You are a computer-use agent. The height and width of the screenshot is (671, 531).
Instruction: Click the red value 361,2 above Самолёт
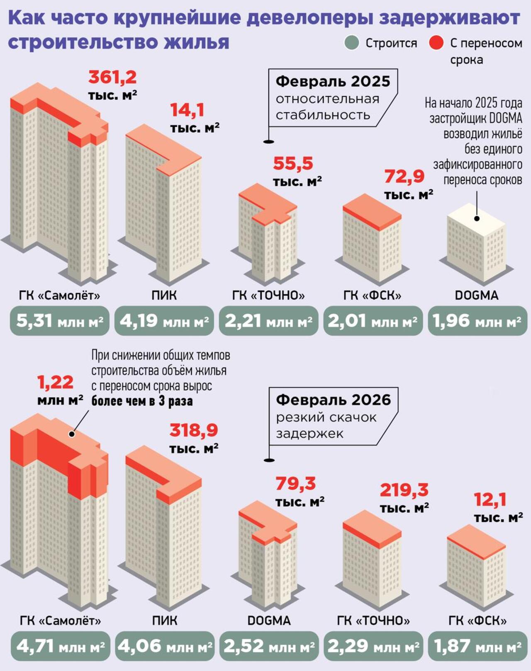coord(112,77)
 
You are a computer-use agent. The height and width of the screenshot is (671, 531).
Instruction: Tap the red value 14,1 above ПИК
coord(187,110)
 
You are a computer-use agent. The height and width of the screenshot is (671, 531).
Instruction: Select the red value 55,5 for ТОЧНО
coord(293,164)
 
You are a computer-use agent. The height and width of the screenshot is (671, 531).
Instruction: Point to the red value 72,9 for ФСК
coord(404,177)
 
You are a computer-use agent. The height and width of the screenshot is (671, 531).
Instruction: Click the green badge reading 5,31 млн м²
coord(60,321)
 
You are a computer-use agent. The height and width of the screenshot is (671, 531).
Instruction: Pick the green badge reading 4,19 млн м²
coord(164,321)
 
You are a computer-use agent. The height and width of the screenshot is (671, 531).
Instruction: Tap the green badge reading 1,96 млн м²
coord(477,321)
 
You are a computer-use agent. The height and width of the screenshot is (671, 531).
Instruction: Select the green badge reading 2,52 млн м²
coord(269,646)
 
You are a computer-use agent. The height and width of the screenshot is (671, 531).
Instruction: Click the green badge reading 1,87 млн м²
coord(477,646)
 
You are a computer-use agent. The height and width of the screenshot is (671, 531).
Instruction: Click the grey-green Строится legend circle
coord(352,43)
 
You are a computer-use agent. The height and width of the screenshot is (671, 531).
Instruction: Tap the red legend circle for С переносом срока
coord(436,43)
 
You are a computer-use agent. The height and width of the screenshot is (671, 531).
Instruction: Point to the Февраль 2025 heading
coord(333,81)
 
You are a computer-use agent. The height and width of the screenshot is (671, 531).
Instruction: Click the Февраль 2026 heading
coord(333,400)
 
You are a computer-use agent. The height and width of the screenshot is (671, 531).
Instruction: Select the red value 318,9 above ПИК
coord(193,430)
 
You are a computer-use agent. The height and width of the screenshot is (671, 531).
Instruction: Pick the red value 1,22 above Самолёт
coord(55,382)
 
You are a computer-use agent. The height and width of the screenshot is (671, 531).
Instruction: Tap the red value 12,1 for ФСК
coord(490,500)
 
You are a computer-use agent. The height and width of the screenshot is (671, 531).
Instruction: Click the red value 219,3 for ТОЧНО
coord(404,490)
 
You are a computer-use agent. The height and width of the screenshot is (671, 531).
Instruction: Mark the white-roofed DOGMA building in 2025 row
coord(476,245)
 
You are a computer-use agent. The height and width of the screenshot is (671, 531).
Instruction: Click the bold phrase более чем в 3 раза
coord(142,401)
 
